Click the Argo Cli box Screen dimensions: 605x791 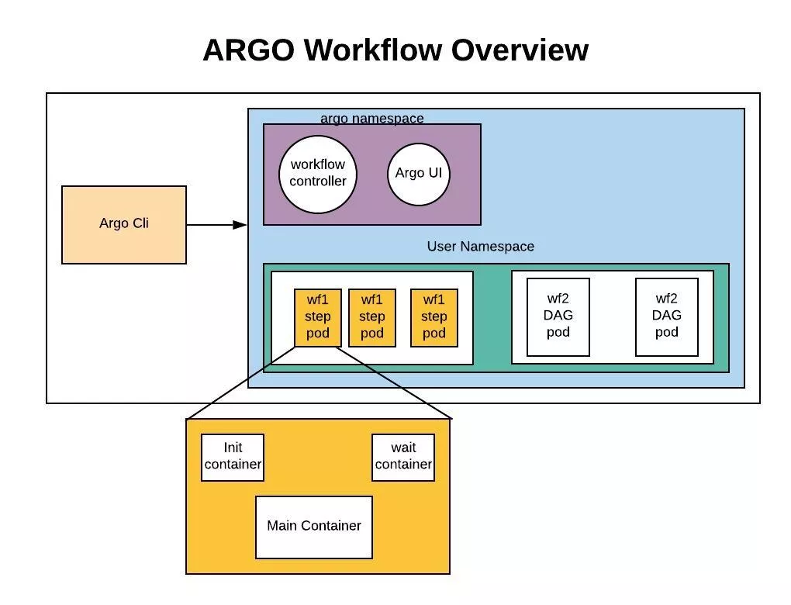[x=124, y=224]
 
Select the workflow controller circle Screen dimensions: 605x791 [x=318, y=174]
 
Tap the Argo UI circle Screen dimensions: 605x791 [x=419, y=173]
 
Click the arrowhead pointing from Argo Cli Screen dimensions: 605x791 [x=240, y=225]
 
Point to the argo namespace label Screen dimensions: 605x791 [x=372, y=119]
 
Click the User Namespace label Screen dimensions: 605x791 [x=480, y=247]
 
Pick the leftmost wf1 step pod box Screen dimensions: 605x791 [x=318, y=317]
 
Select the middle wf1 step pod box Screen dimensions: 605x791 [x=372, y=317]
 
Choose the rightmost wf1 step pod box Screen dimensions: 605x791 [x=434, y=317]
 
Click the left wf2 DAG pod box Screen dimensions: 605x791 [x=558, y=316]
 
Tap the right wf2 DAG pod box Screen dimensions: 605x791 [x=667, y=316]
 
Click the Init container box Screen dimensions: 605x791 [x=233, y=457]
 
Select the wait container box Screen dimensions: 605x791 [x=403, y=457]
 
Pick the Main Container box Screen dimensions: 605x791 [x=314, y=527]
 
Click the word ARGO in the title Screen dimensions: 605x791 [x=248, y=50]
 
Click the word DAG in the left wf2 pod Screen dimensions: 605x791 [x=558, y=316]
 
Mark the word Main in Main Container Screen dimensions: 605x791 [x=283, y=526]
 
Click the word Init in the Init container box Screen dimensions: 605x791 [x=233, y=448]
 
